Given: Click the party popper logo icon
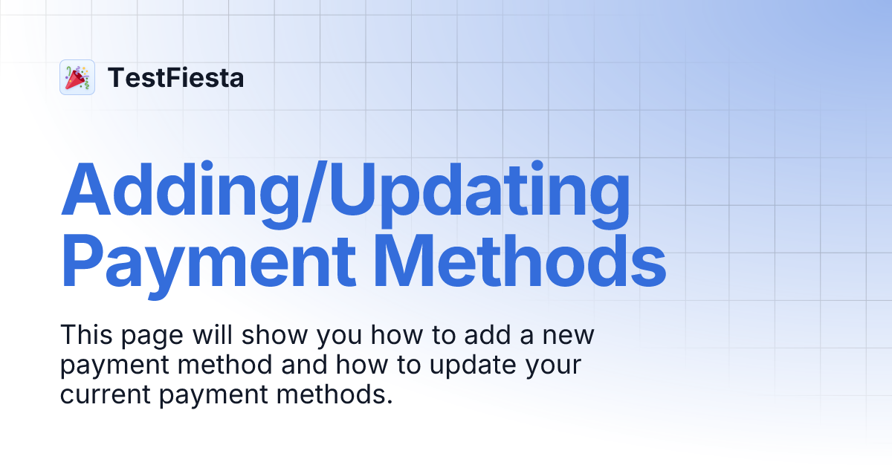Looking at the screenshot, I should [77, 77].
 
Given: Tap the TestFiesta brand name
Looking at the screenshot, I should [175, 77].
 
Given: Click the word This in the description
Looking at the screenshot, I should [84, 335].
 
